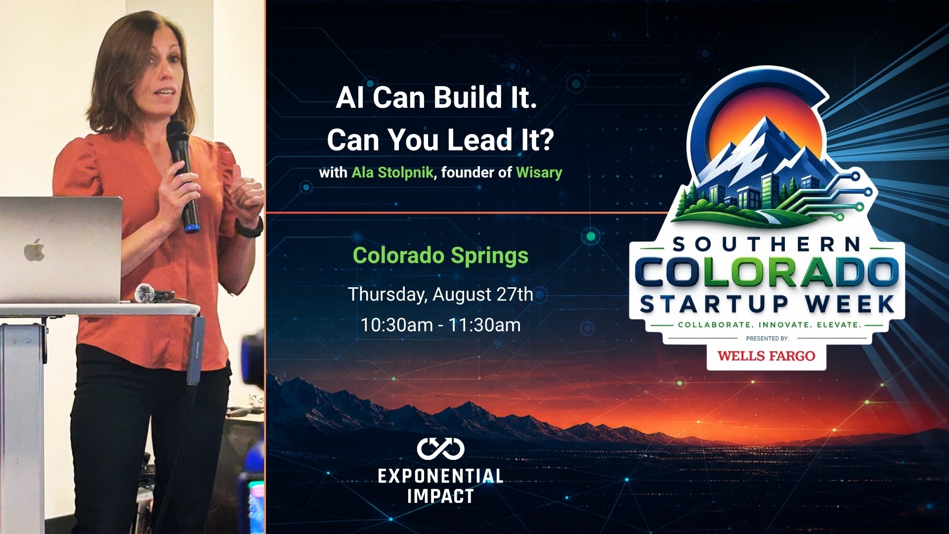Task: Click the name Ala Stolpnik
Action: tap(392, 173)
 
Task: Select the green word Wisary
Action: tap(539, 173)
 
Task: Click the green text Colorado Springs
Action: tap(440, 256)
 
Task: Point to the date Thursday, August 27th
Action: tap(440, 295)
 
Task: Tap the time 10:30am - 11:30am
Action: tap(440, 325)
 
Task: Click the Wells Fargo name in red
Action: tap(766, 356)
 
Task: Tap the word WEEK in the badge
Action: tap(850, 304)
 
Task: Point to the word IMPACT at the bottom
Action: tap(440, 496)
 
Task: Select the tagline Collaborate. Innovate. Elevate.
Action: tap(770, 325)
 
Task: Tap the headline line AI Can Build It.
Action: tap(436, 97)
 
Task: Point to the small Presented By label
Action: tap(767, 339)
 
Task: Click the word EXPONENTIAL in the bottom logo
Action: tap(440, 476)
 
